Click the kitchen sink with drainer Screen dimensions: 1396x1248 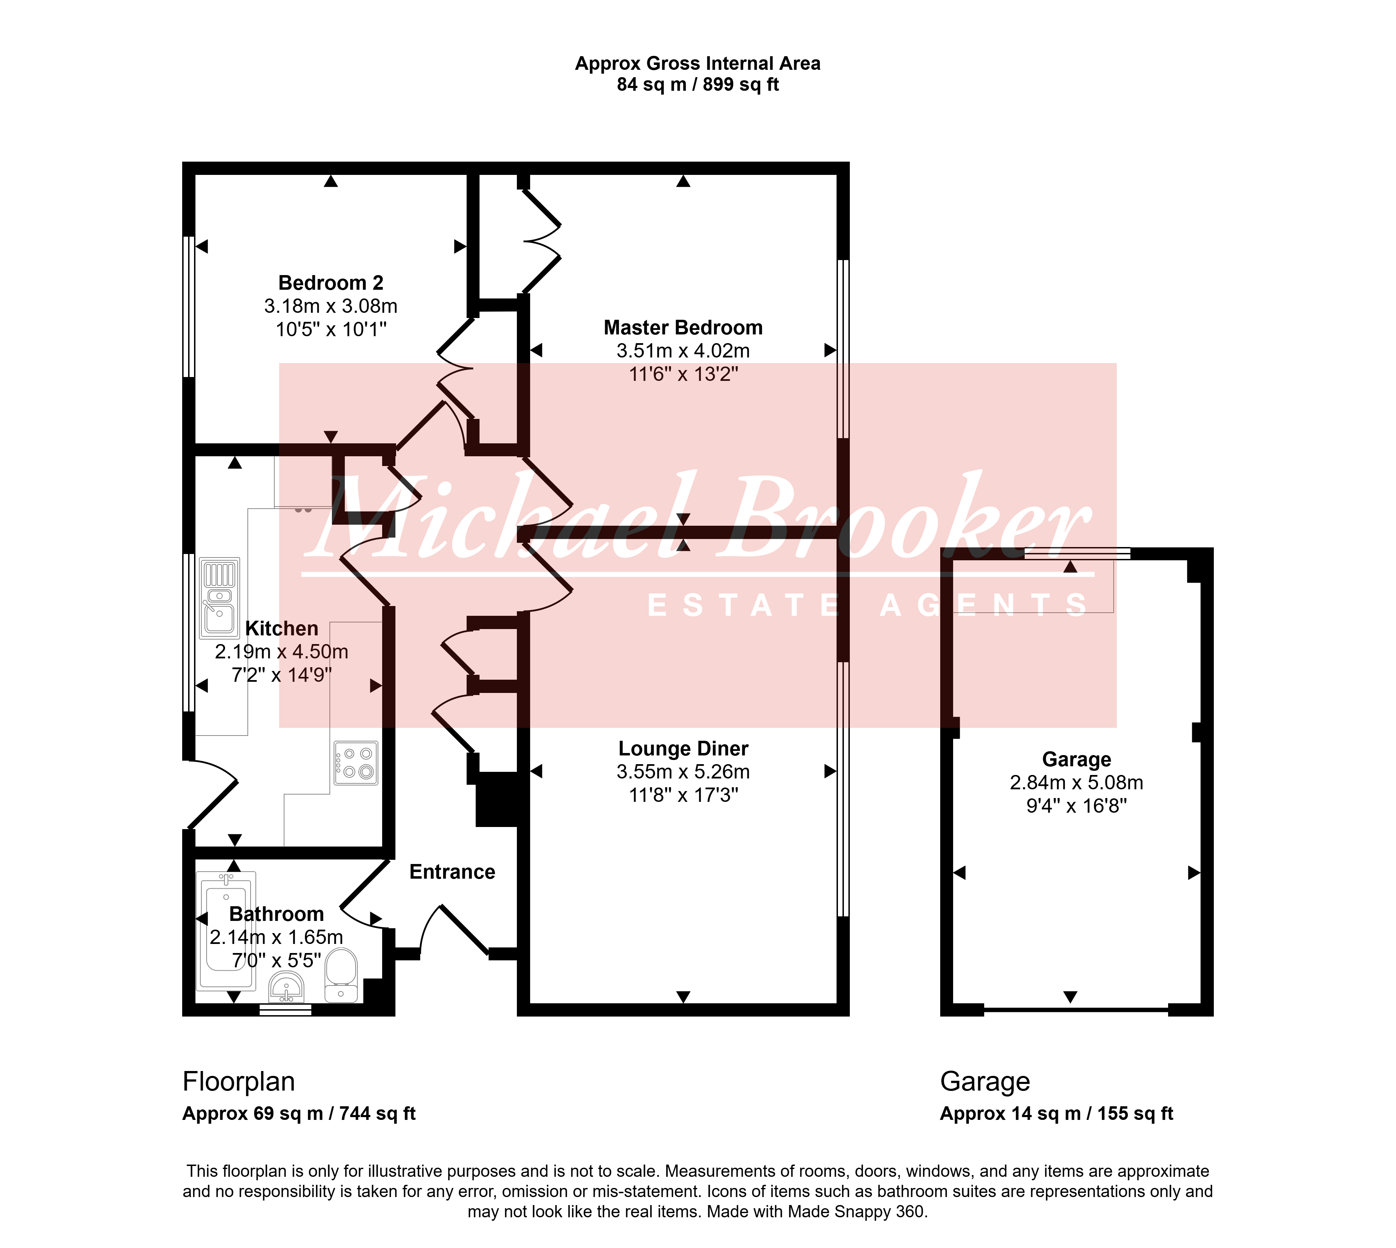[220, 598]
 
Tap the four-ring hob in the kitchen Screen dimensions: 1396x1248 [356, 762]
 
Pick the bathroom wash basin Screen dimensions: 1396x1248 [287, 988]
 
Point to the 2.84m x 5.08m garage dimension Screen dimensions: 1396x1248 [1076, 782]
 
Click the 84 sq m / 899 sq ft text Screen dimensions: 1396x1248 [698, 84]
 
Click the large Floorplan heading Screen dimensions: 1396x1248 [239, 1081]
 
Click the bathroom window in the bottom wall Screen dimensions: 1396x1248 [285, 1009]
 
